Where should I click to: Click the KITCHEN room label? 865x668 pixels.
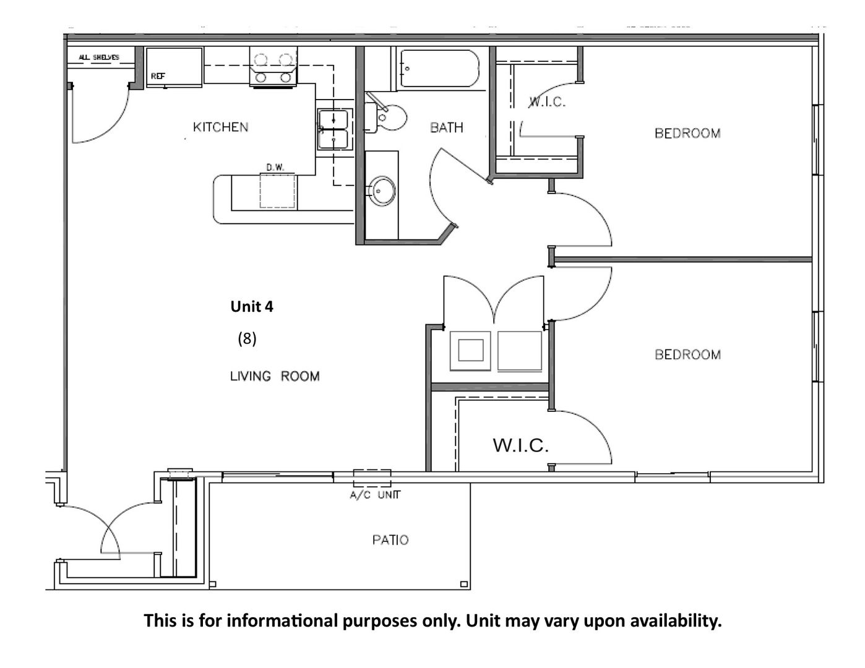pyautogui.click(x=220, y=127)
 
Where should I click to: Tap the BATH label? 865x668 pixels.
pyautogui.click(x=446, y=127)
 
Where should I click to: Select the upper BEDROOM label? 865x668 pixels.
pyautogui.click(x=687, y=133)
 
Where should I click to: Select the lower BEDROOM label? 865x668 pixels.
pyautogui.click(x=687, y=354)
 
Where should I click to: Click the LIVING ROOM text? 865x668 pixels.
pyautogui.click(x=275, y=376)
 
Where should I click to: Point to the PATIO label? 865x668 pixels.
pyautogui.click(x=390, y=540)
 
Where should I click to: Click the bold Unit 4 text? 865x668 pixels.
pyautogui.click(x=251, y=307)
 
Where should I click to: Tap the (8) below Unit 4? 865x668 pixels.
pyautogui.click(x=247, y=339)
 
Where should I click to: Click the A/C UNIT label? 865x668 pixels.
pyautogui.click(x=375, y=495)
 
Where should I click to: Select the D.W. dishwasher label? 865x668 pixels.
pyautogui.click(x=275, y=167)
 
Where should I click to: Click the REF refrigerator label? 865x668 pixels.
pyautogui.click(x=158, y=76)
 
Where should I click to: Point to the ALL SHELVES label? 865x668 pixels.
pyautogui.click(x=98, y=58)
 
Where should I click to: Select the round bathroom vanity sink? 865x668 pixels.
pyautogui.click(x=382, y=191)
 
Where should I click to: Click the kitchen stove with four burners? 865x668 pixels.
pyautogui.click(x=273, y=67)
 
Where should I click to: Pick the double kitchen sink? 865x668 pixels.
pyautogui.click(x=335, y=129)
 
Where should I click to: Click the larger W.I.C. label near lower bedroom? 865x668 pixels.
pyautogui.click(x=520, y=445)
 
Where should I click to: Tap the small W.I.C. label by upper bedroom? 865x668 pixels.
pyautogui.click(x=546, y=102)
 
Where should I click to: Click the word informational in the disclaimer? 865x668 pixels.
pyautogui.click(x=282, y=621)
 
